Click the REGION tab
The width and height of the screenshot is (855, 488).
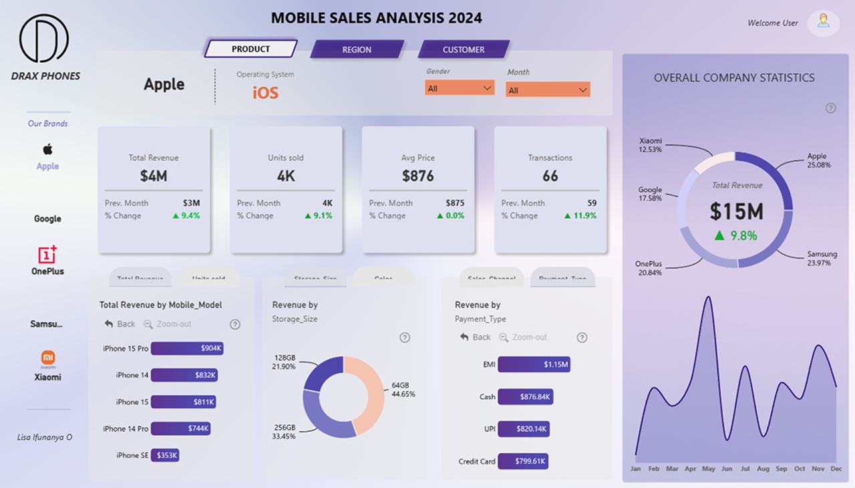tap(357, 49)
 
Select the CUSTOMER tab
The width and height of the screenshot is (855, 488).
tap(464, 49)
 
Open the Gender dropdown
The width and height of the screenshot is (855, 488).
tap(460, 88)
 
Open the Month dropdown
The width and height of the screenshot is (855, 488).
tap(548, 90)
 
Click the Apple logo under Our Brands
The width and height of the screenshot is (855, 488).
tap(47, 149)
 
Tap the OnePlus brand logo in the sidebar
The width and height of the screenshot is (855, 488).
tap(47, 254)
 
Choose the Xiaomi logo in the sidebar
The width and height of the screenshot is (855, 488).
tap(47, 358)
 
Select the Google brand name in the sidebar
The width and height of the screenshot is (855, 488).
tap(47, 219)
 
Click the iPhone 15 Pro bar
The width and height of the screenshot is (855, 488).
tap(187, 348)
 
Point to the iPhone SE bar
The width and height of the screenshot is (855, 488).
tap(165, 455)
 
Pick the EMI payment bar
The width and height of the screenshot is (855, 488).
tap(534, 364)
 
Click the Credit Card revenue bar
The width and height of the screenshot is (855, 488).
tap(523, 461)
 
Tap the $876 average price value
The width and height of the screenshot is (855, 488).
tap(418, 176)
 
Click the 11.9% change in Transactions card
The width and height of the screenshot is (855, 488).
tap(580, 216)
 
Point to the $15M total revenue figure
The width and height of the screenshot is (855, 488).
tap(736, 212)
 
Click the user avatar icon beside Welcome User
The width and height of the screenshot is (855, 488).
tap(824, 21)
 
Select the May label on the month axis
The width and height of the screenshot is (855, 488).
tap(709, 469)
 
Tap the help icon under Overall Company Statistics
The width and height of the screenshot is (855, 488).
tap(831, 108)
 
